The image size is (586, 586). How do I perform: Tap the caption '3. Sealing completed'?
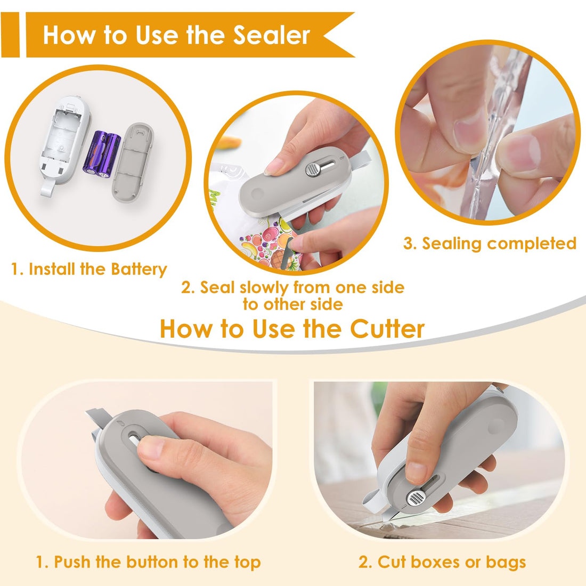point(490,243)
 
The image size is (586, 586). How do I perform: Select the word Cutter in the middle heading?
point(387,329)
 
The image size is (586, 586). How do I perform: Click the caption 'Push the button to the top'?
point(148,562)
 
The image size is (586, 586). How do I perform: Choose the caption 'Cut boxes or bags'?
point(442,562)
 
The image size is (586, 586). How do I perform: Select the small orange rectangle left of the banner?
point(10,35)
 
